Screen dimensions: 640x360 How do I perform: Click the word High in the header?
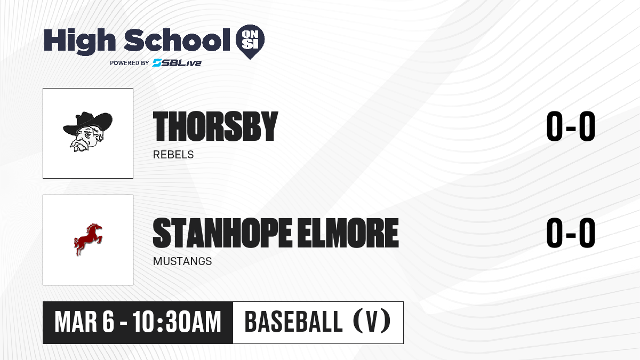click(79, 41)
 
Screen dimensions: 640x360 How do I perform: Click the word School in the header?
click(177, 39)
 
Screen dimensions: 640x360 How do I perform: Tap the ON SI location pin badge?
click(250, 41)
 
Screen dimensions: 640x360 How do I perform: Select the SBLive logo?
click(177, 63)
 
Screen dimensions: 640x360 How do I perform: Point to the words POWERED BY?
click(130, 63)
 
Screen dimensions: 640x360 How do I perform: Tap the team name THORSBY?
click(215, 126)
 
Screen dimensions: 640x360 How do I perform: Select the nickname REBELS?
click(173, 155)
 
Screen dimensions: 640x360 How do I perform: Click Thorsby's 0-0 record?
click(571, 126)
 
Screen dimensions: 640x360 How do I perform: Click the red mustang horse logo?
click(87, 239)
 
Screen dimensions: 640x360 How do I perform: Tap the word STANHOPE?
click(222, 233)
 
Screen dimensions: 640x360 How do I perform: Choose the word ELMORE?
click(348, 233)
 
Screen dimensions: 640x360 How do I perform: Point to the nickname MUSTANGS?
click(182, 261)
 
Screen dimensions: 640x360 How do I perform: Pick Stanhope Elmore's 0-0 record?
click(571, 233)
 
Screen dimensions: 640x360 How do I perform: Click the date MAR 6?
click(84, 322)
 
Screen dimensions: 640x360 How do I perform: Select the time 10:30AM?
click(177, 322)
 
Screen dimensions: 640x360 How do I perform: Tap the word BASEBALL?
click(293, 322)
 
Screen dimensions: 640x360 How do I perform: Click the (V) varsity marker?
click(372, 321)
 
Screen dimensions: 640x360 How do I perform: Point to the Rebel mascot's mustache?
click(81, 145)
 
